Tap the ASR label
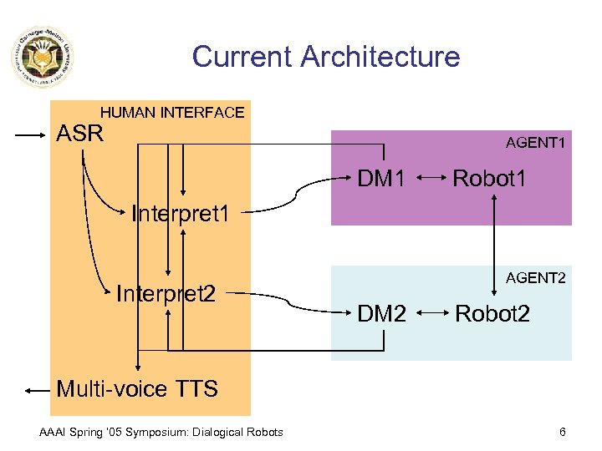pos(79,134)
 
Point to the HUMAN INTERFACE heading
pos(172,112)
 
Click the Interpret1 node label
pos(181,214)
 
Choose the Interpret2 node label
pos(166,294)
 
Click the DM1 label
pos(382,178)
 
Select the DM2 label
pos(382,313)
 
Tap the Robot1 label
pos(489,178)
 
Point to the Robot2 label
pos(492,313)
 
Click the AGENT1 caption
pos(535,144)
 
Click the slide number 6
pos(563,432)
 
